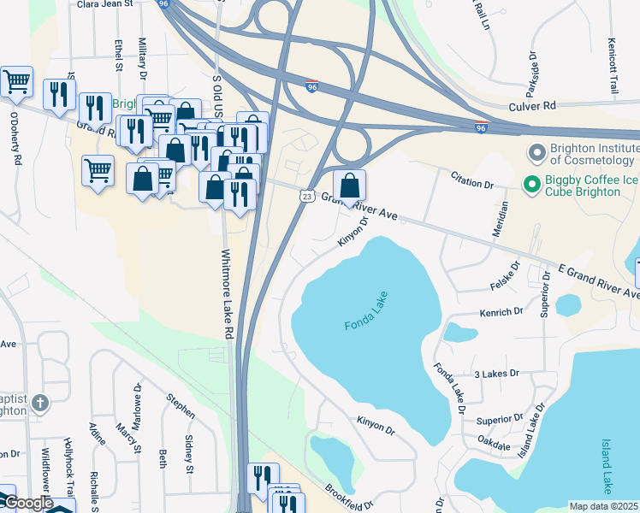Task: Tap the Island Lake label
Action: point(606,466)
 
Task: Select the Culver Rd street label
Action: point(532,105)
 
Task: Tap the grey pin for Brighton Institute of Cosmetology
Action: point(537,153)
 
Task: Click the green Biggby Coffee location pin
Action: point(530,184)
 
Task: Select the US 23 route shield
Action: point(306,196)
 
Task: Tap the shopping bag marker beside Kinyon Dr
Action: point(349,186)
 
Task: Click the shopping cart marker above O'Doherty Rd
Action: point(16,82)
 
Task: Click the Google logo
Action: point(27,504)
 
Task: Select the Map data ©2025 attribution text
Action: point(604,506)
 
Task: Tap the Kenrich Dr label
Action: point(501,313)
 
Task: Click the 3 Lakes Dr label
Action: point(497,374)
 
